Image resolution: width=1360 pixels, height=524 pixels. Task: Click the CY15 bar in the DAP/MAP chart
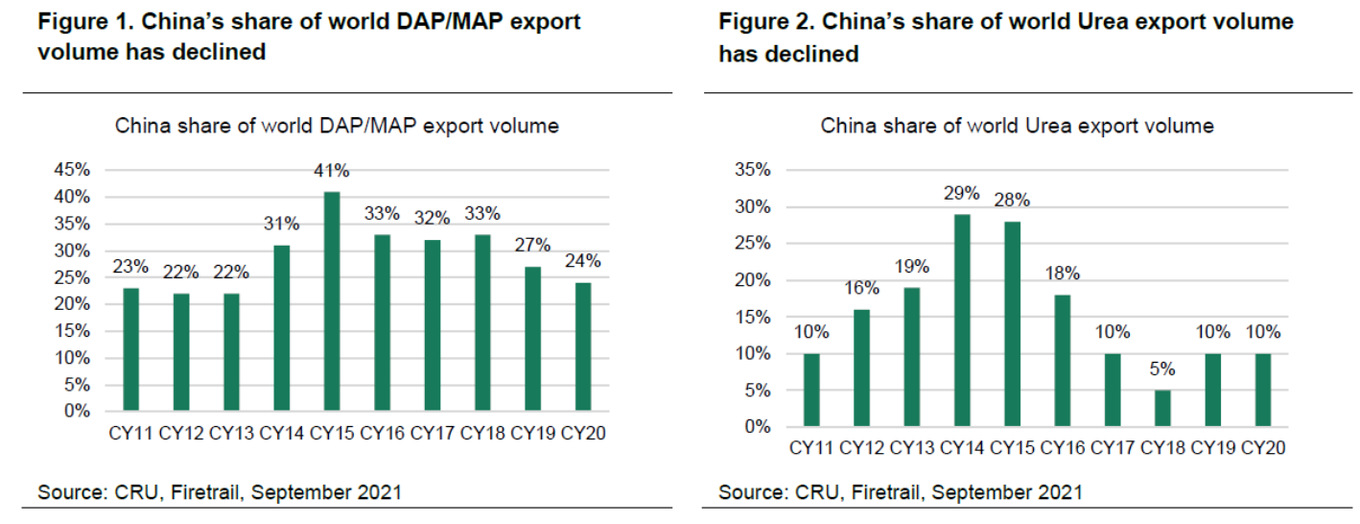[332, 301]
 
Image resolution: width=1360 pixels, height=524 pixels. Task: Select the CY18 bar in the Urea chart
[1162, 408]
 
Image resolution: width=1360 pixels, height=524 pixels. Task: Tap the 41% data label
[332, 172]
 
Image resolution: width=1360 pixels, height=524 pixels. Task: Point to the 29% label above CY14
[961, 193]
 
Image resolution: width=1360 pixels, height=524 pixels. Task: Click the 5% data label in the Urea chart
[1162, 369]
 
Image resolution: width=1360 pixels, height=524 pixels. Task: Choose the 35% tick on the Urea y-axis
[753, 170]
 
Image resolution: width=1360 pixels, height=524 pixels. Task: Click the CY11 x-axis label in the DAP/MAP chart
[132, 433]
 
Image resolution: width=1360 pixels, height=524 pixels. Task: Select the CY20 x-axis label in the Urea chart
[1262, 448]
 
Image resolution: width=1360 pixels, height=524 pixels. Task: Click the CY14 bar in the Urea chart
[961, 321]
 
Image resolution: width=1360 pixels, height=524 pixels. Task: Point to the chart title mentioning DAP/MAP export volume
[337, 126]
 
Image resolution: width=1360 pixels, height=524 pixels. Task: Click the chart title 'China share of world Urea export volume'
[1017, 126]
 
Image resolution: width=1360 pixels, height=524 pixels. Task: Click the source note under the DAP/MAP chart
[219, 492]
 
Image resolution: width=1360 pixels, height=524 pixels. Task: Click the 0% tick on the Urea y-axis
[758, 427]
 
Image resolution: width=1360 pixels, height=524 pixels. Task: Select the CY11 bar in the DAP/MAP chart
[132, 350]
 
